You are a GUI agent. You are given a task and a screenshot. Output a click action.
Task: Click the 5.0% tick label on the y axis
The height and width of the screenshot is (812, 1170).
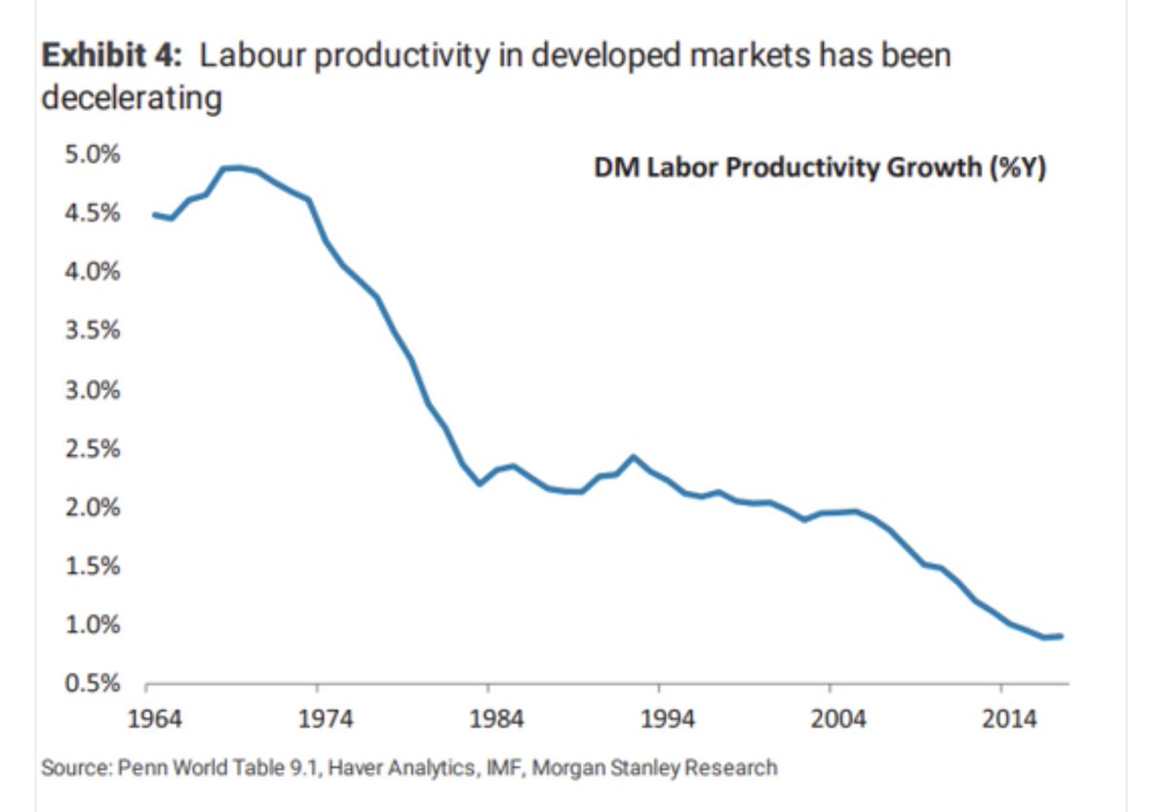[93, 154]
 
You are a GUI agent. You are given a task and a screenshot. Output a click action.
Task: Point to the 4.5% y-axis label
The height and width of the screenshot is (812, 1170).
[93, 213]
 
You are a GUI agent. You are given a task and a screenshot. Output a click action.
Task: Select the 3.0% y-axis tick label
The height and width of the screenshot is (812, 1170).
[93, 390]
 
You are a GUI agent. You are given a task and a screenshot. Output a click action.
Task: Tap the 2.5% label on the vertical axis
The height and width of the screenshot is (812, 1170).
[93, 449]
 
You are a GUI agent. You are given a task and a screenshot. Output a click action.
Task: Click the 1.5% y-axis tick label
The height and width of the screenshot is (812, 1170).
[93, 566]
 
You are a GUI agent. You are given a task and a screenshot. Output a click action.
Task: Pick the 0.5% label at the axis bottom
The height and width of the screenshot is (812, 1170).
[93, 684]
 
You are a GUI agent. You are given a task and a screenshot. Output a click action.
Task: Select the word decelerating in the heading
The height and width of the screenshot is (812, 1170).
[132, 98]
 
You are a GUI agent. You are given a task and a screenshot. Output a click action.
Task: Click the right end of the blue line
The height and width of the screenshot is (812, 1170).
[1062, 636]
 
